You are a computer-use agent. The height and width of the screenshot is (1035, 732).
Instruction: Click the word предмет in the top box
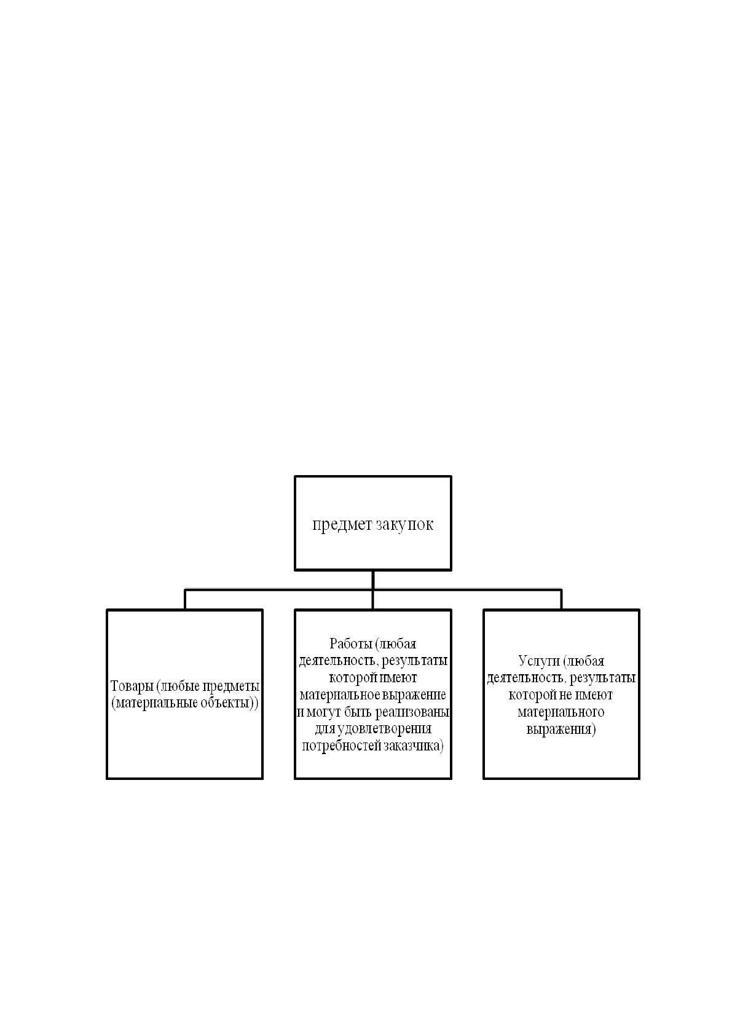342,525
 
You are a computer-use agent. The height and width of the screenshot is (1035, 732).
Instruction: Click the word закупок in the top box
404,524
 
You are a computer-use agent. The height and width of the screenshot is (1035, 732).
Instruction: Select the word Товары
132,687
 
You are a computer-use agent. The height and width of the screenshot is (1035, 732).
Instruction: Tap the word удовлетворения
384,730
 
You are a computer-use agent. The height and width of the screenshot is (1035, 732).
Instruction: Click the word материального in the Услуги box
561,712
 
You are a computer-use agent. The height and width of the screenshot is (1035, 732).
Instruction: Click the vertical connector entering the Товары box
185,600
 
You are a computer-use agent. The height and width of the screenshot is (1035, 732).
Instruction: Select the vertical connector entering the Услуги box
561,600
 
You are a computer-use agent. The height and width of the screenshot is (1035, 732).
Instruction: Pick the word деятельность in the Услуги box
526,679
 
